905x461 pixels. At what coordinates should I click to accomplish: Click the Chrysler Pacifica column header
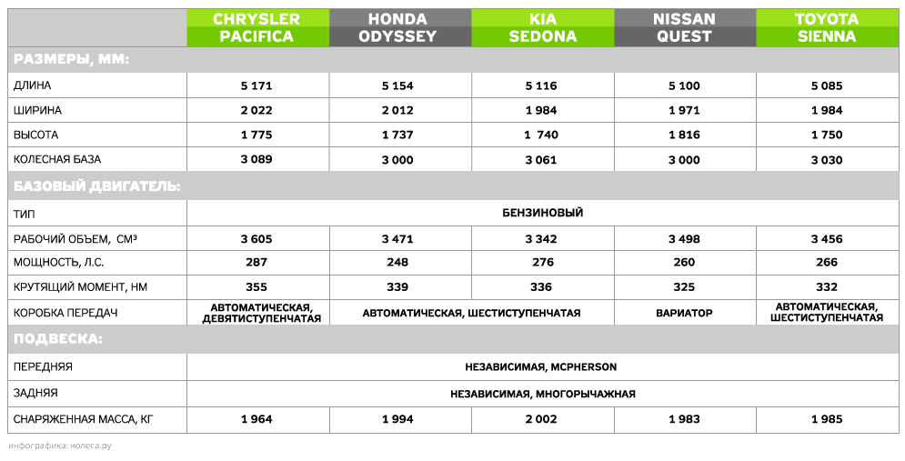pos(256,28)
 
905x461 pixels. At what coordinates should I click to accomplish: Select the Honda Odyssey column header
pos(399,28)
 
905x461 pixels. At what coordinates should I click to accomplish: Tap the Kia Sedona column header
pos(543,28)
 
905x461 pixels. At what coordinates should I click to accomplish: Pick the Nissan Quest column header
pos(684,28)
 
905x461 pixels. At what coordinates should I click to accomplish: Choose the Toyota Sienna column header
pos(826,28)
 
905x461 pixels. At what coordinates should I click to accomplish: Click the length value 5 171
pos(256,85)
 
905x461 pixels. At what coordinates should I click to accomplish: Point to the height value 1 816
pos(684,135)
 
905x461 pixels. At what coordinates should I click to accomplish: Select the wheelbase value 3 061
pos(543,159)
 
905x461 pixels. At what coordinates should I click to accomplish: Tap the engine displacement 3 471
pos(399,239)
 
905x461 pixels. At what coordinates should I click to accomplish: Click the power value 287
pos(256,263)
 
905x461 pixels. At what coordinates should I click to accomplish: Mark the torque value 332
pos(826,287)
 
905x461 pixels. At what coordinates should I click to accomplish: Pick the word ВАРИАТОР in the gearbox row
pos(684,313)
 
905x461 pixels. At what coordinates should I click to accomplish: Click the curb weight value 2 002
pos(543,419)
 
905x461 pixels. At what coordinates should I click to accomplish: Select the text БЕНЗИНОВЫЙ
pos(542,213)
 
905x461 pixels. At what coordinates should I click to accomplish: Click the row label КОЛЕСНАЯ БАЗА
pos(57,159)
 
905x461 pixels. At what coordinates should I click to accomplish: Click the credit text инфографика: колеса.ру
pos(59,446)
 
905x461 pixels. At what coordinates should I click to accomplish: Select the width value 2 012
pos(399,110)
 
